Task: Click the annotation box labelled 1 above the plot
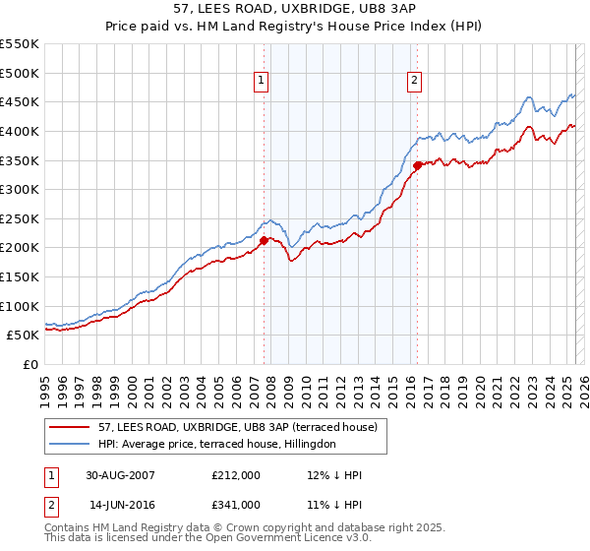pos(263,82)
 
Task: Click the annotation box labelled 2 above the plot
pos(415,82)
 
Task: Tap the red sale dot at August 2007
pos(264,240)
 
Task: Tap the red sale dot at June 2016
pos(417,165)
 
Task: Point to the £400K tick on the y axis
pos(20,131)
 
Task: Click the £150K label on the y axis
pos(20,276)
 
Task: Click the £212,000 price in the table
pos(236,475)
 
